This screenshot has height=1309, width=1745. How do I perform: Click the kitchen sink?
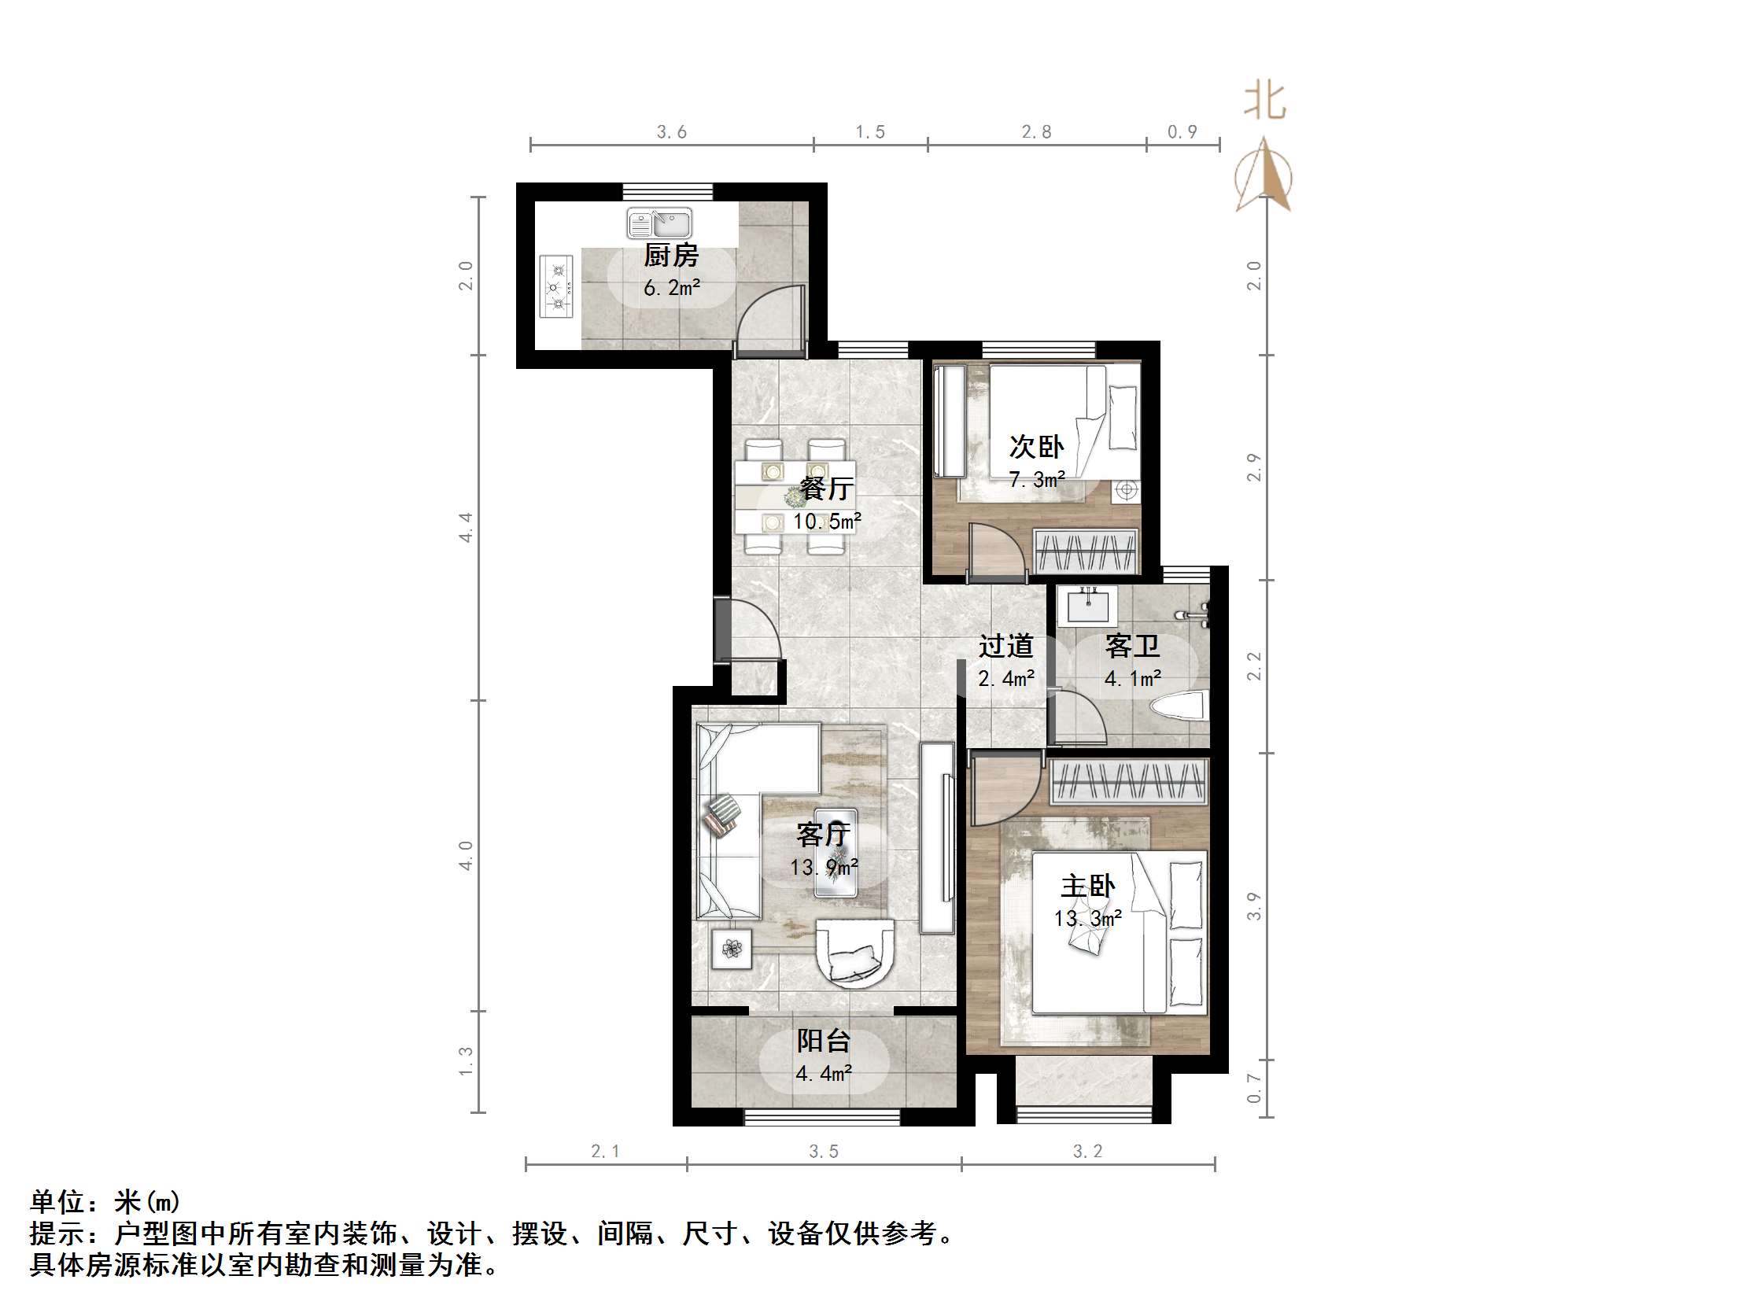point(659,224)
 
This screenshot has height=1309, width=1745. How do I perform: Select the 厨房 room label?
point(670,256)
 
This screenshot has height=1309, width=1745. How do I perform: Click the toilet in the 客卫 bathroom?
point(1179,705)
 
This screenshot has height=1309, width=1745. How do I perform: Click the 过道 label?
point(1005,646)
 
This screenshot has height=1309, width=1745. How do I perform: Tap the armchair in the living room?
point(855,953)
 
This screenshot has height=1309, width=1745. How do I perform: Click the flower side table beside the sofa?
point(732,949)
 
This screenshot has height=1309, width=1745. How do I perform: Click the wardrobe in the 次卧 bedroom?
point(1086,551)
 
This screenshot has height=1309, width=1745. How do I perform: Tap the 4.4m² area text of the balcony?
point(824,1073)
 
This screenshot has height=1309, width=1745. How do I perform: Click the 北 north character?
point(1265,101)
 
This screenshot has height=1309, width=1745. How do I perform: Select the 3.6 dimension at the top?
point(671,132)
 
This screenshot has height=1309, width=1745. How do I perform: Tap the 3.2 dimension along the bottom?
point(1087,1151)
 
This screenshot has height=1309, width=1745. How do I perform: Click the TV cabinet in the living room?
point(938,838)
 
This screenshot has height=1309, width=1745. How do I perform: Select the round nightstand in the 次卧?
point(1127,490)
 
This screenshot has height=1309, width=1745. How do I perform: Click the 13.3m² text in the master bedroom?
point(1088,919)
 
